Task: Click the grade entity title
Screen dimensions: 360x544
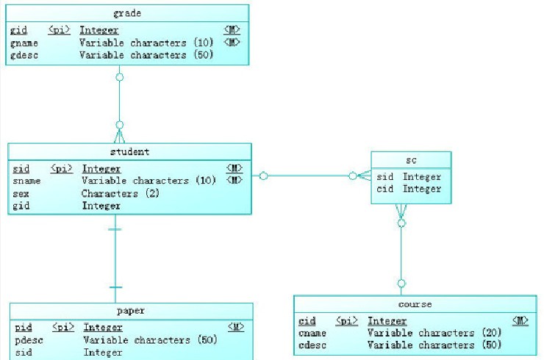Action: (128, 13)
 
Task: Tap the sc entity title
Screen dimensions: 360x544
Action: (411, 159)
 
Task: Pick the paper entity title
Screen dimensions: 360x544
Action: (131, 311)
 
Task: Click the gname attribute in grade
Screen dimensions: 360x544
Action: (24, 43)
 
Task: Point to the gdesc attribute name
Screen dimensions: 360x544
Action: (24, 55)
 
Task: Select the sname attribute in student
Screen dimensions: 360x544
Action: (26, 181)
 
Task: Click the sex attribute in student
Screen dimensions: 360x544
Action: (21, 193)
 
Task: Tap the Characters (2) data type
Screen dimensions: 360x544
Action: (121, 193)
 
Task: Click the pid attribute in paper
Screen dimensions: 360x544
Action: (23, 328)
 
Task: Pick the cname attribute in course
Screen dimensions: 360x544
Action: (312, 333)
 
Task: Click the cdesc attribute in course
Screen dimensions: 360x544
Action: (312, 345)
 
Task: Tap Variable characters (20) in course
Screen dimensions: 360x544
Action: (434, 333)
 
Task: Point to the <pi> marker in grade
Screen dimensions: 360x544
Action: (60, 31)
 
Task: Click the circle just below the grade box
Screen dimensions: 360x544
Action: (119, 76)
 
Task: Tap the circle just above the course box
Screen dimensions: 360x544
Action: (401, 283)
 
